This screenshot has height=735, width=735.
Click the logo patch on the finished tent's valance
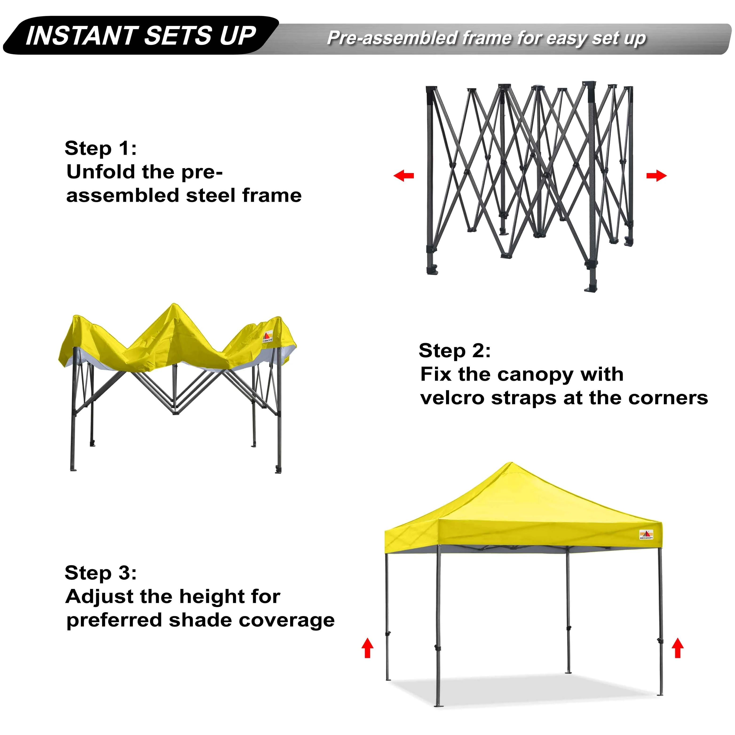(x=646, y=534)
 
